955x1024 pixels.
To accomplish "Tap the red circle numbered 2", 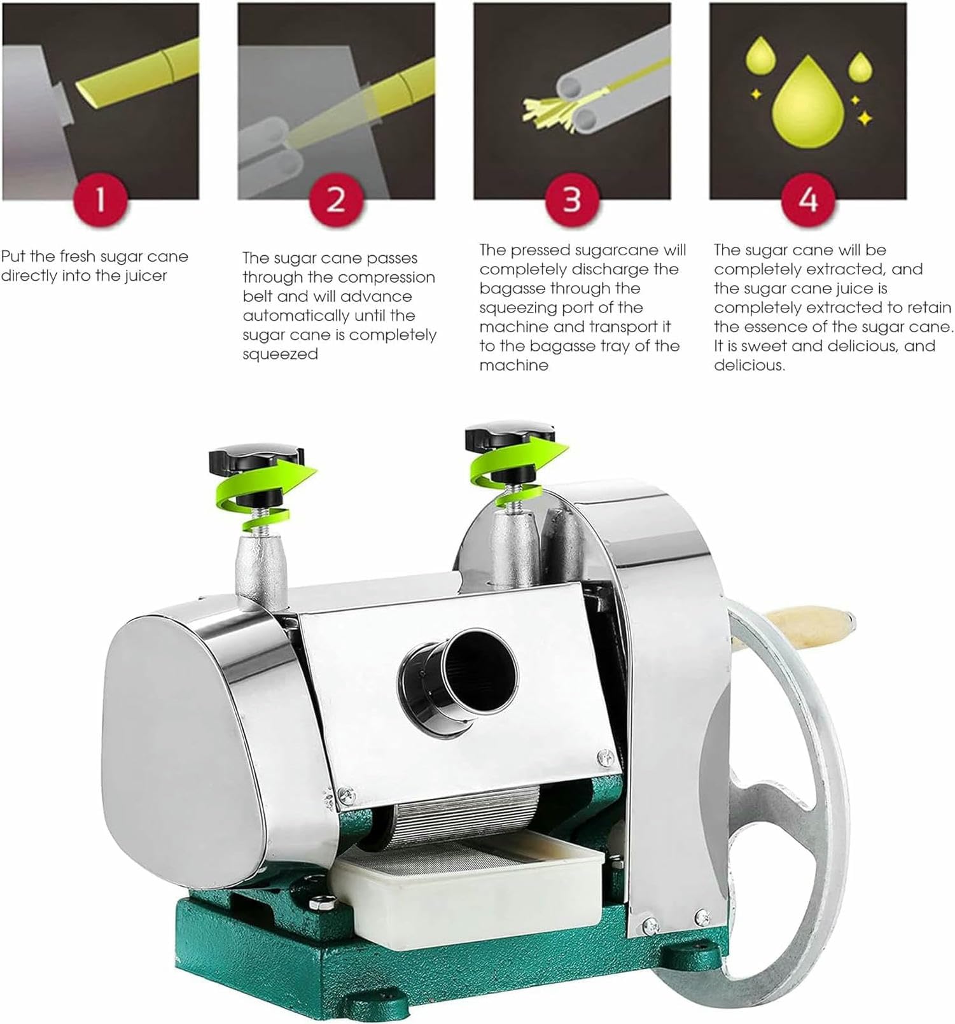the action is click(335, 200).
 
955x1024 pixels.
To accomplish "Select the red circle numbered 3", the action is click(571, 200).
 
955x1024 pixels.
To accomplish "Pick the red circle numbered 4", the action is click(807, 200).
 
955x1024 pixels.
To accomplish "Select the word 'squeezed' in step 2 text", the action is click(280, 354).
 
